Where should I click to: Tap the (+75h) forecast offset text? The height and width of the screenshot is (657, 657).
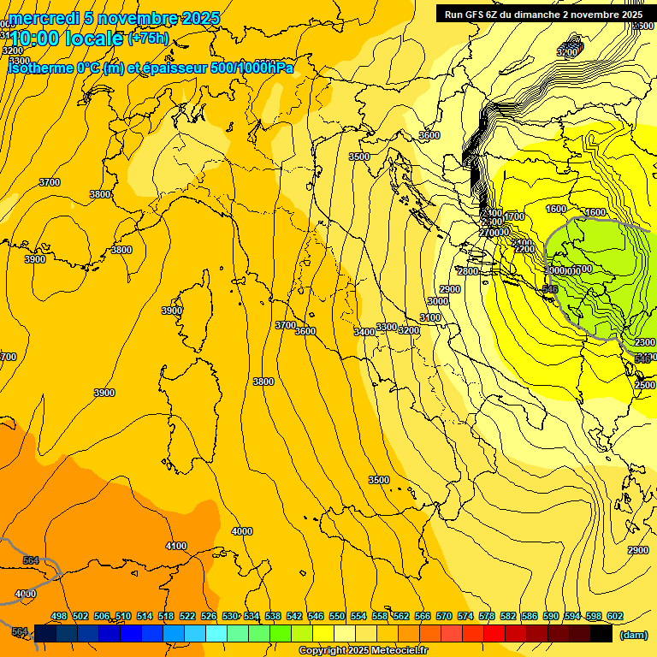point(148,38)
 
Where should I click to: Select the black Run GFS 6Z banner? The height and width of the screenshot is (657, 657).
point(543,14)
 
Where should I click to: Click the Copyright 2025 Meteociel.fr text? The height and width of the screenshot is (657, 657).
point(363,651)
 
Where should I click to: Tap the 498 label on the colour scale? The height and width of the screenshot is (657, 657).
point(59,616)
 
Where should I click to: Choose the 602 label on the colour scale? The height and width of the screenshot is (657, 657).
point(615,616)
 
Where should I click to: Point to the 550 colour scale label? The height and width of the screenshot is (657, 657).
point(337,616)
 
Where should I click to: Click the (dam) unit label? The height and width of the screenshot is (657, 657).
point(633,635)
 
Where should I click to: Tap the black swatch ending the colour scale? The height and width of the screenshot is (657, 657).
point(601,633)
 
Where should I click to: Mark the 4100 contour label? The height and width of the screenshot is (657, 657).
point(176,546)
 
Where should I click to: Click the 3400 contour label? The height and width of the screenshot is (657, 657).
point(364,332)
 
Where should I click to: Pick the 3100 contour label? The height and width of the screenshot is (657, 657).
point(430,317)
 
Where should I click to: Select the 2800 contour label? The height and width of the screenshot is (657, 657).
point(468,271)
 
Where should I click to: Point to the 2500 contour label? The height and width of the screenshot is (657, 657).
point(645,385)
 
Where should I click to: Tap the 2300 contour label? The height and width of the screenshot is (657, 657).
point(644,342)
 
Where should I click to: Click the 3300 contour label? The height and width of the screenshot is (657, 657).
point(387,327)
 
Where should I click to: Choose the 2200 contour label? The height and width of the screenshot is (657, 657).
point(524,250)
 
